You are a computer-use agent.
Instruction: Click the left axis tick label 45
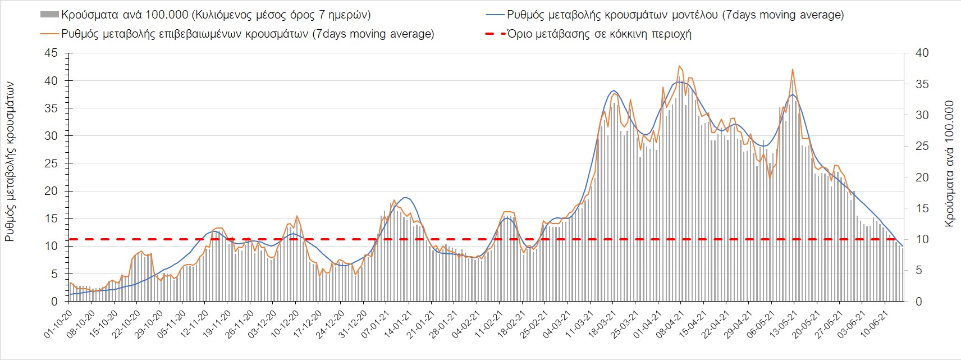coord(51,53)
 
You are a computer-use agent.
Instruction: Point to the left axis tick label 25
coord(51,163)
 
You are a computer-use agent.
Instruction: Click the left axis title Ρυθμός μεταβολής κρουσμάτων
coord(10,162)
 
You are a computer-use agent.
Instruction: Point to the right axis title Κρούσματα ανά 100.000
coord(949,163)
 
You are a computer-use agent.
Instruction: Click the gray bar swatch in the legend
coord(49,15)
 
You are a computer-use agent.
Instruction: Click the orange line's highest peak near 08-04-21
coord(679,66)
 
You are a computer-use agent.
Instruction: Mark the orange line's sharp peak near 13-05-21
coord(792,69)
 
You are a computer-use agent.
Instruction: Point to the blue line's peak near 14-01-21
coord(406,198)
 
